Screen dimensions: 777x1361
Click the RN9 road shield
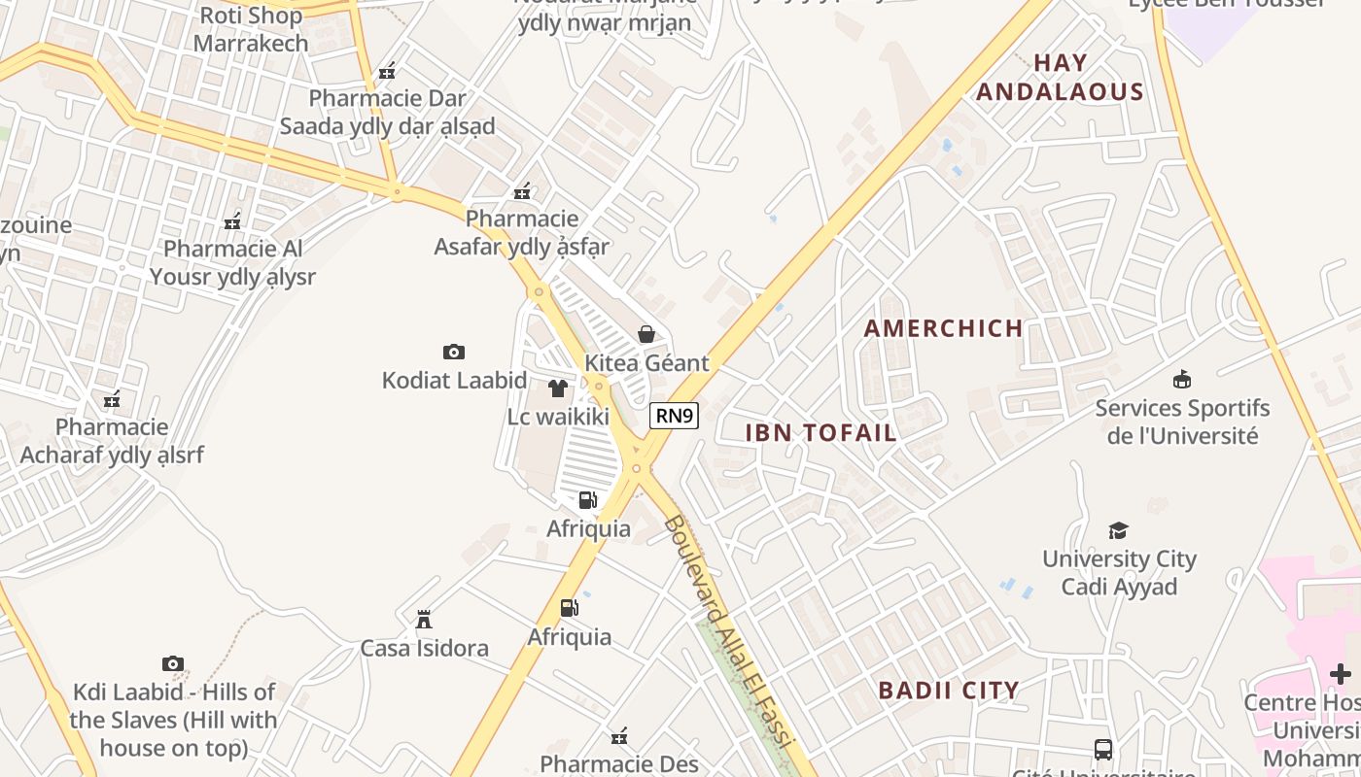674,416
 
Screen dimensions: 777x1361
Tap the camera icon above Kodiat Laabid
453,352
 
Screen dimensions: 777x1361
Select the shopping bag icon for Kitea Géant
646,335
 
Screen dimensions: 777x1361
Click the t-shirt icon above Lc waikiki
558,388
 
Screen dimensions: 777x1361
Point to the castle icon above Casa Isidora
424,619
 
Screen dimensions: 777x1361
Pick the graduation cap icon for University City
1118,530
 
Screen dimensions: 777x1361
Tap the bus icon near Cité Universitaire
1103,749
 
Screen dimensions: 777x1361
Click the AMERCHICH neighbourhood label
943,328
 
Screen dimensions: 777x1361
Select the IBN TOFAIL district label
820,433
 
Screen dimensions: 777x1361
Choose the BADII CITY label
949,691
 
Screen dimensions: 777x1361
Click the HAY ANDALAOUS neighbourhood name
1060,78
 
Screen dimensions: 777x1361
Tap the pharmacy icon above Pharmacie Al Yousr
232,222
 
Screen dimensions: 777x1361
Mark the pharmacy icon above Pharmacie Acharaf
112,399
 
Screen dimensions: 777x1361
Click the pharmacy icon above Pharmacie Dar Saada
387,70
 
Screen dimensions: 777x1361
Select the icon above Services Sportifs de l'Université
1182,379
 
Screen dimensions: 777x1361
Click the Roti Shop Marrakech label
251,29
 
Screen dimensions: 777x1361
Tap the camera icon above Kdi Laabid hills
172,664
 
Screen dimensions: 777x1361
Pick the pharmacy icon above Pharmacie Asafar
522,190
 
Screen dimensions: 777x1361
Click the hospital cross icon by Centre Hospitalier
1341,673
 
